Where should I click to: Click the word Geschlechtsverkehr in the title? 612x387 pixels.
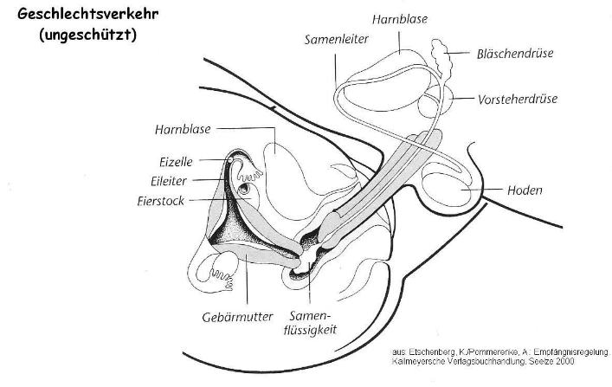tap(87, 15)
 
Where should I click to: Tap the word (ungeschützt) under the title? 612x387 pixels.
tap(87, 35)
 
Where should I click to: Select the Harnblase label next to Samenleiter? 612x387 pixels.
tap(400, 19)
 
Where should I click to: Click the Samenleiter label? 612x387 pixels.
tap(337, 40)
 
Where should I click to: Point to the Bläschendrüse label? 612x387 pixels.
tap(515, 54)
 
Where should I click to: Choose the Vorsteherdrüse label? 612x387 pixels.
tap(518, 100)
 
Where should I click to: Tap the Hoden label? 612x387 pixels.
tap(525, 190)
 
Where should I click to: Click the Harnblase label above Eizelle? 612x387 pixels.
tap(183, 129)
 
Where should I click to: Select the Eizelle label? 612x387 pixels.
tap(176, 162)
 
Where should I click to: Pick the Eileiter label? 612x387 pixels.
tap(169, 181)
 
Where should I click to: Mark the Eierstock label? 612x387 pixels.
tap(160, 201)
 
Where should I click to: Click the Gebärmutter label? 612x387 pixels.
tap(237, 317)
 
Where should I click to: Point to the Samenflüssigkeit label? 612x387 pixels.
tap(310, 323)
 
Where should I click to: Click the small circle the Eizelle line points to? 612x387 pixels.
tap(230, 159)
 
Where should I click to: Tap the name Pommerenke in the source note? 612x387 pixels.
tap(492, 352)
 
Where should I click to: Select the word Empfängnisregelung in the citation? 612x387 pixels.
tap(571, 352)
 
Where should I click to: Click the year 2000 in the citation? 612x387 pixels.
tap(565, 361)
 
